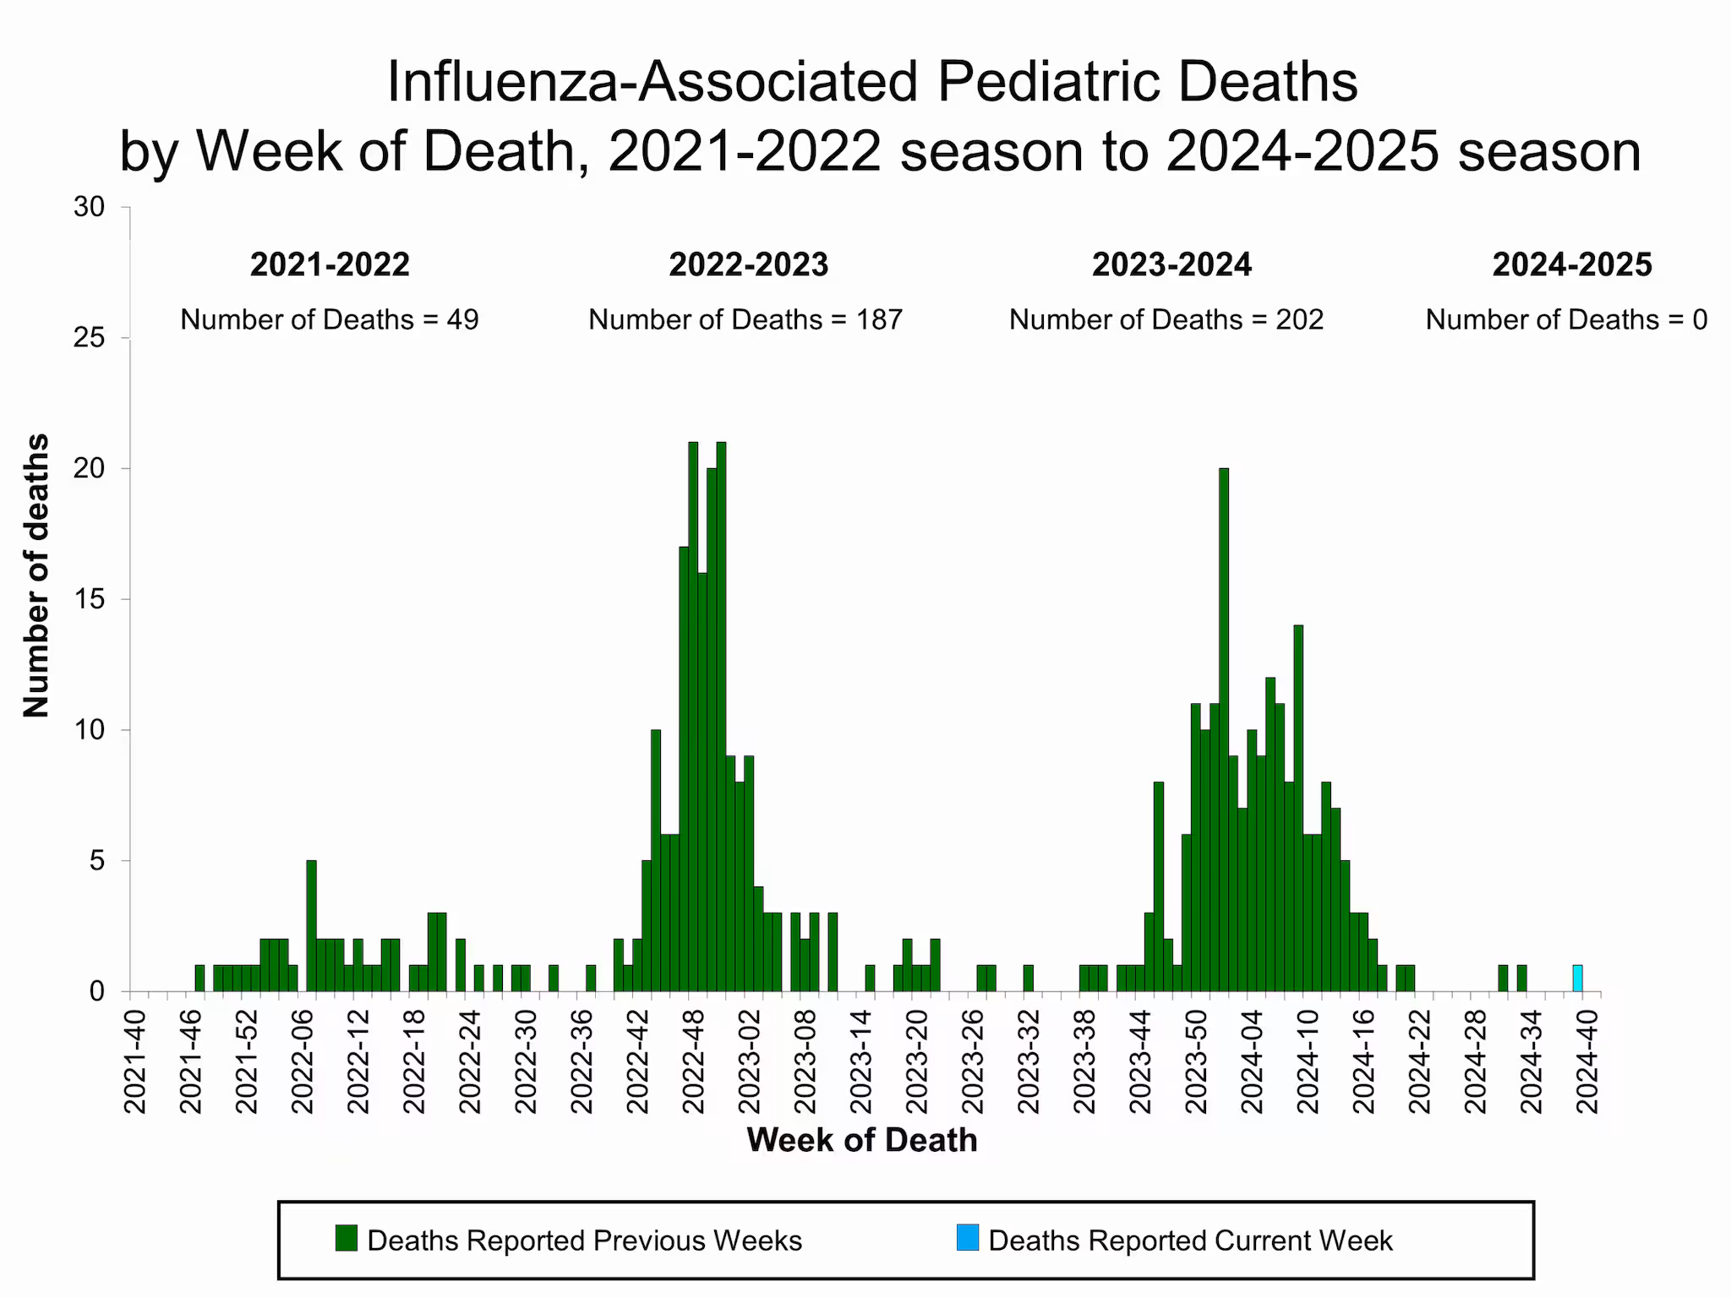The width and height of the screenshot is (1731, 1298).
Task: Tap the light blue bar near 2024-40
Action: (x=1577, y=978)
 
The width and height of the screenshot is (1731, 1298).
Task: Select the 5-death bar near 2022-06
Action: (x=311, y=925)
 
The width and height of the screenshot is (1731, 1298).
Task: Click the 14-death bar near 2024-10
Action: (x=1298, y=807)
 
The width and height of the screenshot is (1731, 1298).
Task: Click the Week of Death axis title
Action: (x=861, y=1140)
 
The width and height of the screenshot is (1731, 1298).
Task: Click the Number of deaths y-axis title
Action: (x=36, y=575)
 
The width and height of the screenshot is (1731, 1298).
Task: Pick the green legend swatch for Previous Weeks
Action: (x=347, y=1238)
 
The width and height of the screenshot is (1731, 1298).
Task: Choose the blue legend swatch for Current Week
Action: (x=968, y=1238)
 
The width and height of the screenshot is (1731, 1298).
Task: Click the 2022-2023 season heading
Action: (x=748, y=265)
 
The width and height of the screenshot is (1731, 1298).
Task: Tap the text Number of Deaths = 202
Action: (x=1166, y=319)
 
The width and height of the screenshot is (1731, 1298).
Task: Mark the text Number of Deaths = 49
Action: (x=329, y=319)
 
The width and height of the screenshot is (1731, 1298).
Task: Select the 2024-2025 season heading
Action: (x=1571, y=265)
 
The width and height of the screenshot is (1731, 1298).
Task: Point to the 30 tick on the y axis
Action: (x=89, y=207)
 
